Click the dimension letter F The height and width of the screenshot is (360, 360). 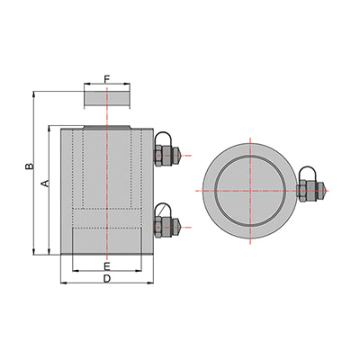(x=107, y=79)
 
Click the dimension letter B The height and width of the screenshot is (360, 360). (x=29, y=166)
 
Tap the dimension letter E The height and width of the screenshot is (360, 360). (x=107, y=265)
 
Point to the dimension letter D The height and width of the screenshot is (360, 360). (x=107, y=279)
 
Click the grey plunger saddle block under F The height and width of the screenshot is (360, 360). (x=107, y=98)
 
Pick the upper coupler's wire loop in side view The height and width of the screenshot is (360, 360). (x=164, y=138)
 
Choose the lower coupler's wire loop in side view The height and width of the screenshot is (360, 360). (x=164, y=210)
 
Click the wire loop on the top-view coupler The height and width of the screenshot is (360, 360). (x=307, y=173)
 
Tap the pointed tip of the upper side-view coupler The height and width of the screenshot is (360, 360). (x=181, y=156)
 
